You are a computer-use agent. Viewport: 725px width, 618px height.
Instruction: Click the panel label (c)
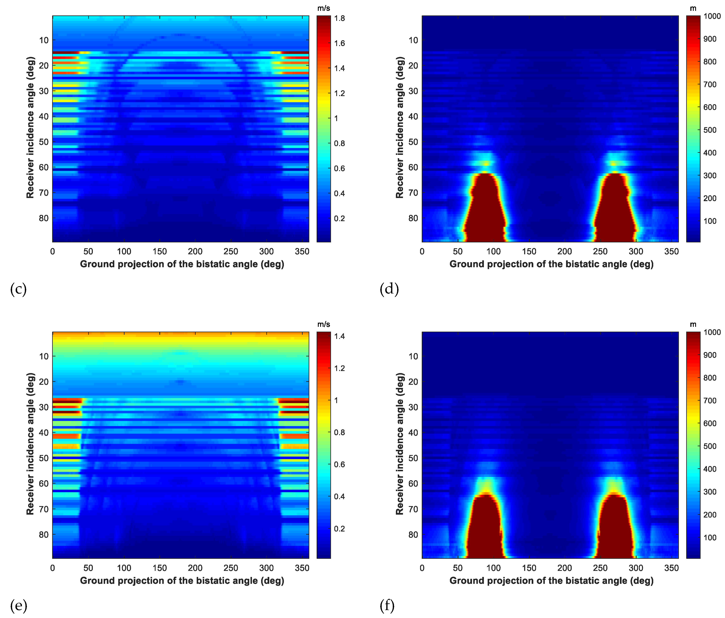click(18, 289)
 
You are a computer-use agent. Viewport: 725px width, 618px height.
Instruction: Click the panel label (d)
click(389, 289)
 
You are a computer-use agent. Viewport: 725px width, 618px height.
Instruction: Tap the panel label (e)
click(18, 605)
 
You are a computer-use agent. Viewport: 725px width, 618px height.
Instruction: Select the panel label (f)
click(387, 605)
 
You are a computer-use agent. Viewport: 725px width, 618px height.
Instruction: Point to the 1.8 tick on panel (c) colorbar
click(339, 19)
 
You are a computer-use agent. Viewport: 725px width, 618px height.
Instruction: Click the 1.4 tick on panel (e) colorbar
click(339, 336)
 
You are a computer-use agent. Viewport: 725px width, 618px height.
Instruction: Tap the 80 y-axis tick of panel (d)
click(413, 218)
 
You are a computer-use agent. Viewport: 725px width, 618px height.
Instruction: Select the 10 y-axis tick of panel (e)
click(44, 356)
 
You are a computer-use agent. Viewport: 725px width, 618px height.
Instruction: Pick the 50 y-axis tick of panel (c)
click(44, 142)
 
